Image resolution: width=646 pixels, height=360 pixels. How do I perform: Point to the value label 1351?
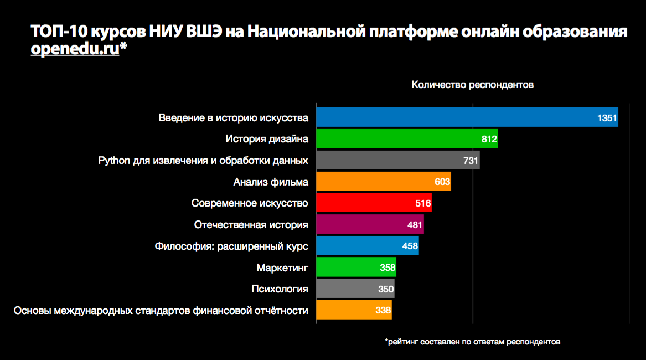point(607,118)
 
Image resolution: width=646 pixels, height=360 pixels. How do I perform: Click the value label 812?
point(489,139)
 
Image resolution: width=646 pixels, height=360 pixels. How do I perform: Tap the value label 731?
point(471,161)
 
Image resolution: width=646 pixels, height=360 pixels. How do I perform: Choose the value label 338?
point(383,311)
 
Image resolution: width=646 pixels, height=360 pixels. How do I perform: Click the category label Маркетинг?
point(282,268)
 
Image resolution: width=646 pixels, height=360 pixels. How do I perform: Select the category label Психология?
point(280,289)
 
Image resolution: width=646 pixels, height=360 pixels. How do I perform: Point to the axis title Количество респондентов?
point(472,85)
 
